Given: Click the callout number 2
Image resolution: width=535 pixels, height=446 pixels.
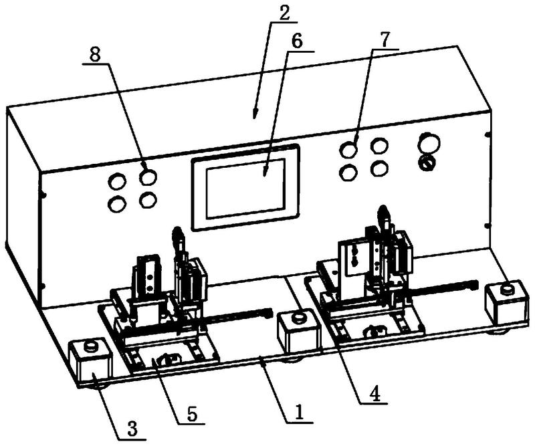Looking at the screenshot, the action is tap(283, 13).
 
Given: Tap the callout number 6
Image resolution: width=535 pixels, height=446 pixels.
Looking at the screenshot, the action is tap(296, 41).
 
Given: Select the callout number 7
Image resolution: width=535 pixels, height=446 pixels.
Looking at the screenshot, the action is tap(383, 40).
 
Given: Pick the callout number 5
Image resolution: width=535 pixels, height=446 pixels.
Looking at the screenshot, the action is tap(191, 414).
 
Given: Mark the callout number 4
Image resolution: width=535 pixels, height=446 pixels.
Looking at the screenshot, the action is tap(374, 395).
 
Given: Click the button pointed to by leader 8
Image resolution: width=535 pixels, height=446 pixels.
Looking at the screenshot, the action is tap(148, 177).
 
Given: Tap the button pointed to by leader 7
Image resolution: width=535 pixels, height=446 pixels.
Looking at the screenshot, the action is tap(348, 150).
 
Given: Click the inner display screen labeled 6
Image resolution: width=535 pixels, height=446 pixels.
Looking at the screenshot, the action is tap(245, 189).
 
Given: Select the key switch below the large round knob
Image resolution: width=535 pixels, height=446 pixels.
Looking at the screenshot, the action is tap(428, 162).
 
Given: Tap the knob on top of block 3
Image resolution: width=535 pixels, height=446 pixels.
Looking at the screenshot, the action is tap(91, 346).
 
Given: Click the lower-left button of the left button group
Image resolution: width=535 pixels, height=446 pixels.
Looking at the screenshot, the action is tap(116, 203).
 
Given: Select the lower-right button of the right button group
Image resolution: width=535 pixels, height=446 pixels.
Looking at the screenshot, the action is tap(379, 169).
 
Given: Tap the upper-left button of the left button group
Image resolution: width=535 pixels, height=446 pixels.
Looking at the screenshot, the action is tap(116, 181).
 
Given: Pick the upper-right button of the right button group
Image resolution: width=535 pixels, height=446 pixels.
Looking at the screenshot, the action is tap(379, 145).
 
